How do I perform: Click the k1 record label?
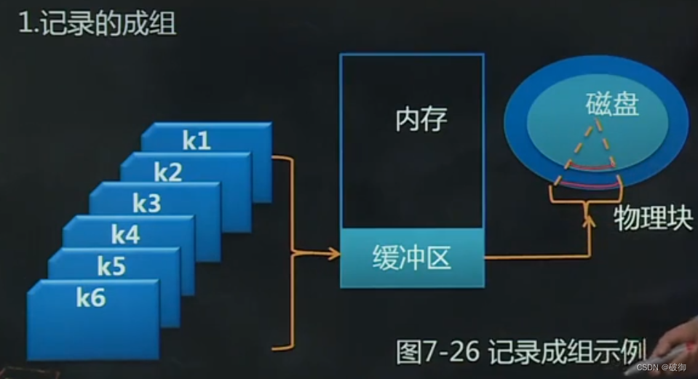[197, 140]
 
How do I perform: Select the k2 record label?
[168, 172]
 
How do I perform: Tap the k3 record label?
[146, 204]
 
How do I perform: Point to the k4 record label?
[125, 235]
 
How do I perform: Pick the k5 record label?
[111, 266]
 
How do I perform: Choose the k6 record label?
[91, 298]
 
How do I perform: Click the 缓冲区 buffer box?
[411, 258]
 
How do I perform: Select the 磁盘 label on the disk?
[612, 105]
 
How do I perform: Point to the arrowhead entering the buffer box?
[335, 254]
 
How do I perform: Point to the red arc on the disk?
[590, 168]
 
